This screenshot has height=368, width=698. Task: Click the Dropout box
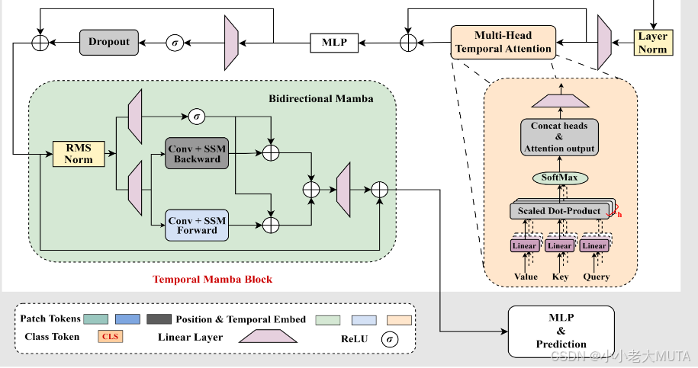(110, 42)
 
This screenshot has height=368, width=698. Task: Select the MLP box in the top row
(334, 42)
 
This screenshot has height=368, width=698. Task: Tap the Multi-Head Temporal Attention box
(503, 42)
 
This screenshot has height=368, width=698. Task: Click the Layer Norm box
(652, 42)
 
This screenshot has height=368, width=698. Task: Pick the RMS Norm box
(79, 154)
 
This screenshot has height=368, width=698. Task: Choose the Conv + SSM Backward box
(197, 153)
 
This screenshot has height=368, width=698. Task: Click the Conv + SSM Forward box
(197, 224)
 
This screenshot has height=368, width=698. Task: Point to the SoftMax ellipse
(560, 178)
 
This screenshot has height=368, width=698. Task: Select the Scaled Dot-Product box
(559, 211)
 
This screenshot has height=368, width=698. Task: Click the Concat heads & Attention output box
(560, 137)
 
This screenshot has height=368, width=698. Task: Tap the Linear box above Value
(525, 245)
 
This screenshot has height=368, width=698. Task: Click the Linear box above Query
(594, 245)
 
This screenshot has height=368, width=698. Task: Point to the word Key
(560, 277)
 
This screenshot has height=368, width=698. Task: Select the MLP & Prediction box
(561, 331)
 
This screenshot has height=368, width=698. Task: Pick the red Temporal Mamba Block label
(212, 279)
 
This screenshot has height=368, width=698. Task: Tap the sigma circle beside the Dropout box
(175, 42)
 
